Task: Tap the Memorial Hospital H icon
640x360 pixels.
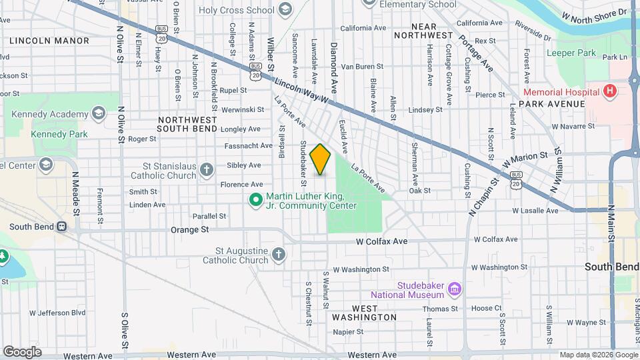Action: (608, 91)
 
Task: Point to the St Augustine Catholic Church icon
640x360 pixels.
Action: (279, 253)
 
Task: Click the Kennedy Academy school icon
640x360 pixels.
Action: (99, 113)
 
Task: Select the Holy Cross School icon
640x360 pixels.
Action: (285, 9)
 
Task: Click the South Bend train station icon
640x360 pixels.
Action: (61, 226)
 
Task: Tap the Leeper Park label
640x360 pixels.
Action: (572, 53)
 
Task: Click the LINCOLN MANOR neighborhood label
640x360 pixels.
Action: (49, 41)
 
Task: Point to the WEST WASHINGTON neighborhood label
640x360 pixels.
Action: (364, 313)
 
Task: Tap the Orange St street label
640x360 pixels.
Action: (190, 229)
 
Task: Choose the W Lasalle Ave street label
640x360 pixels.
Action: (535, 211)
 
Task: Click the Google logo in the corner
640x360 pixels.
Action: (21, 351)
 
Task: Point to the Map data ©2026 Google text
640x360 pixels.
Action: (598, 355)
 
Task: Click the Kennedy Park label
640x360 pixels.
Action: (59, 135)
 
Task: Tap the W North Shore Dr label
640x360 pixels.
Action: (595, 13)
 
